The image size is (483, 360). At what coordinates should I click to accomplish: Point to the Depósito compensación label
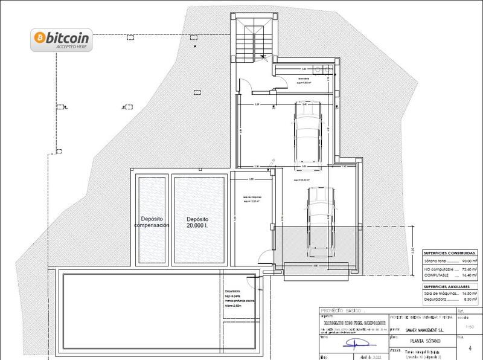pos(152,222)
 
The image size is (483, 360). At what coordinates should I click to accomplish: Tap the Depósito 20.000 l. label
pos(197,222)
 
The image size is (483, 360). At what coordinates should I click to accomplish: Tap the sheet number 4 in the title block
pos(470,348)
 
